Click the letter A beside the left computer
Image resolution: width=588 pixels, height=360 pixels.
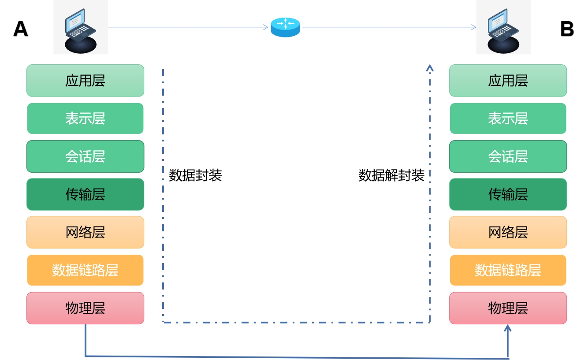tap(21, 30)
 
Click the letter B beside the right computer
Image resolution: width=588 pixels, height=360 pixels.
tap(567, 30)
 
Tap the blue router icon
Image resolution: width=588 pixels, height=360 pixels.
tap(285, 27)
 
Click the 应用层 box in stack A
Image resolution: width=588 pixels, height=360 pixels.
tap(85, 81)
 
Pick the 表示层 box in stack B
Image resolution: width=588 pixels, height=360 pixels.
tap(508, 119)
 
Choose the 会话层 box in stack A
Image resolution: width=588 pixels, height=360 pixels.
tap(85, 156)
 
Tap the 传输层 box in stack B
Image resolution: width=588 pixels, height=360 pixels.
tap(508, 194)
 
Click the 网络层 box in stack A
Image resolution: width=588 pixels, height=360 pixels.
tap(85, 232)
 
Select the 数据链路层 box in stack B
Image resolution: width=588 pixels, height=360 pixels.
tap(508, 270)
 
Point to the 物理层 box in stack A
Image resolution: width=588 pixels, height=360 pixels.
tap(85, 308)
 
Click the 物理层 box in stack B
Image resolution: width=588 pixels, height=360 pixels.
tap(508, 308)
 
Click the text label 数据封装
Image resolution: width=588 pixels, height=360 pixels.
tap(195, 175)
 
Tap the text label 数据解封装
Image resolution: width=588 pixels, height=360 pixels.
tap(391, 175)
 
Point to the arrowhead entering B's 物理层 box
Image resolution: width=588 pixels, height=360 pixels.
tap(508, 328)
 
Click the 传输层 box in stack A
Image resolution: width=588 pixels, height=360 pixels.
tap(85, 194)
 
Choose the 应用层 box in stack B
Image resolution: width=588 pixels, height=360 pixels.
tap(508, 81)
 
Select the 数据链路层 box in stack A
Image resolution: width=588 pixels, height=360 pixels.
tap(85, 270)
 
